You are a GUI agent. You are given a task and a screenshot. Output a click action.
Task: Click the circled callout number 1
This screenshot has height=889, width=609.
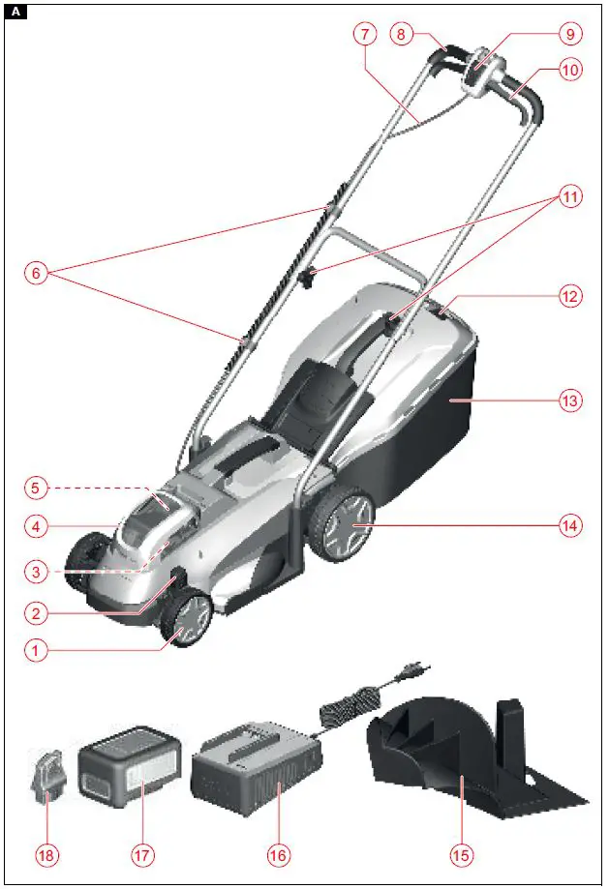coord(36,651)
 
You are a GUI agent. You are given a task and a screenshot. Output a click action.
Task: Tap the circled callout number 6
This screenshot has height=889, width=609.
coord(36,273)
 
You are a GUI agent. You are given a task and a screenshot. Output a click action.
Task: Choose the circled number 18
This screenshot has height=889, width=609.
coord(46,855)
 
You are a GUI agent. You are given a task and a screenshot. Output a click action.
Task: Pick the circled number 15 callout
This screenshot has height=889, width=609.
coord(463,855)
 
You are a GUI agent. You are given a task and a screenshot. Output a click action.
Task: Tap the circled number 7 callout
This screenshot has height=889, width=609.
coord(363,33)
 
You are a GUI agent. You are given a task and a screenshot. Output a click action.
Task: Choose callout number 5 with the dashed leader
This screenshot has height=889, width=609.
coord(36,487)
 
